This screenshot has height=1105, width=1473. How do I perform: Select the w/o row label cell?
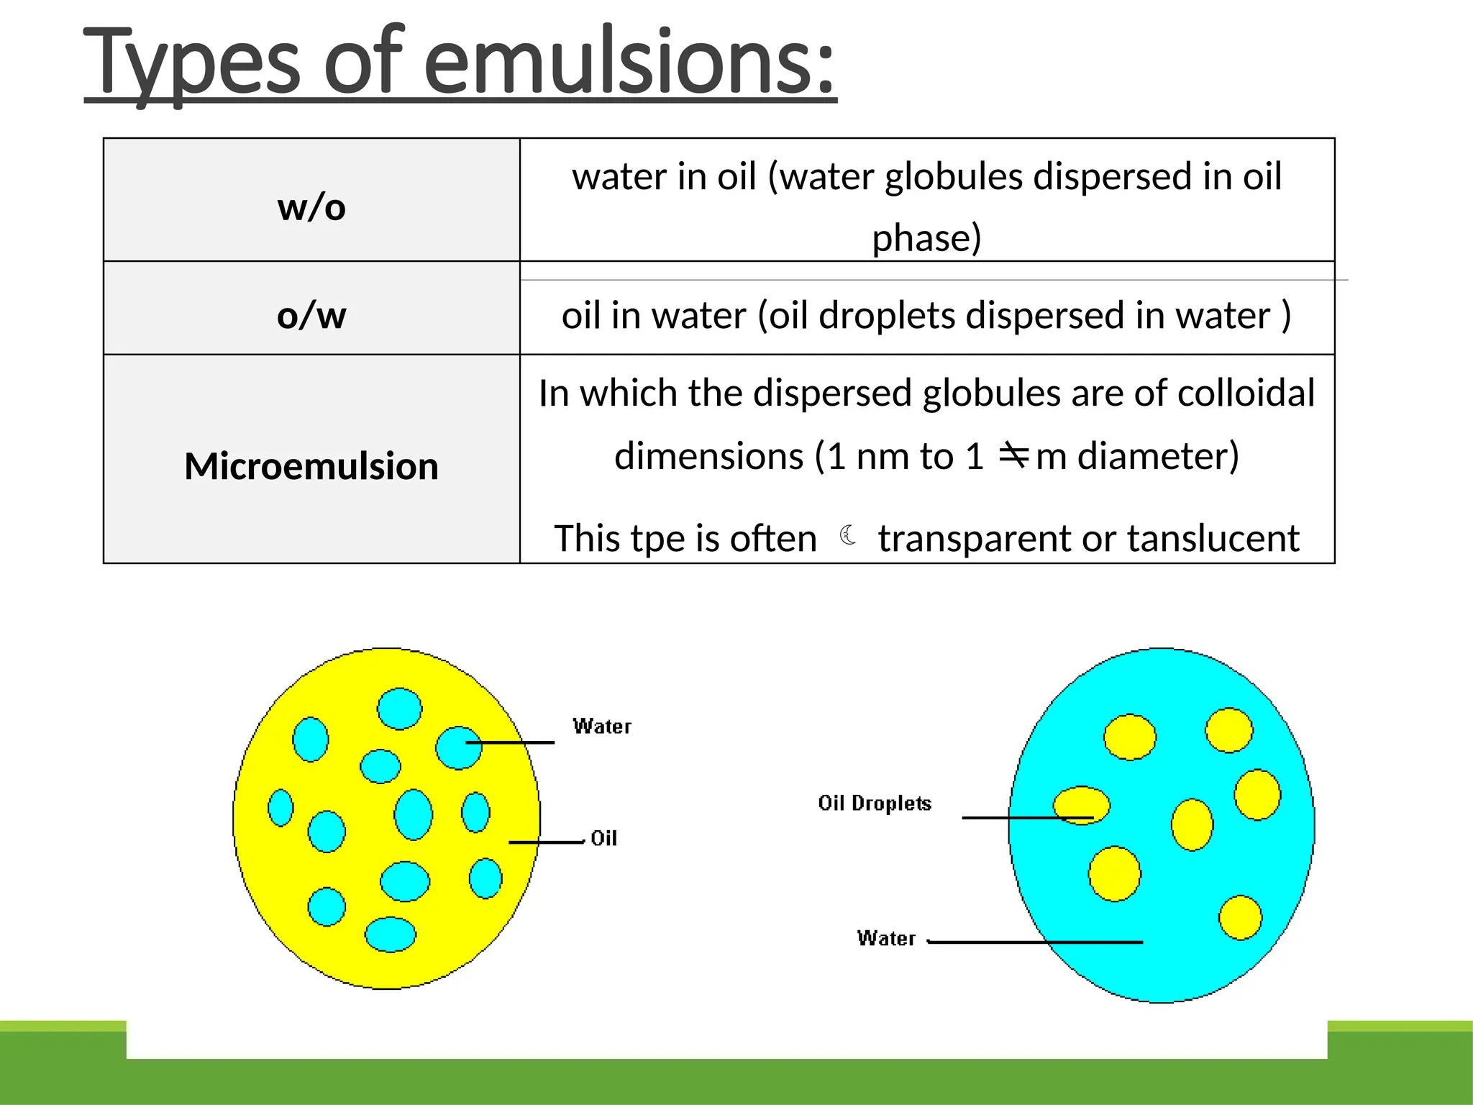311,207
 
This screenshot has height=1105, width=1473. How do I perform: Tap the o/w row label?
311,315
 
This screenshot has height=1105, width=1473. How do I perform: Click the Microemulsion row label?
311,465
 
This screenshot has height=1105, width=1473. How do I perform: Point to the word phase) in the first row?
926,237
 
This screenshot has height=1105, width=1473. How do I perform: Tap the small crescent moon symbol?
849,535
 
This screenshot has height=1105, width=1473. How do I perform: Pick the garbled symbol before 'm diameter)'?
1014,455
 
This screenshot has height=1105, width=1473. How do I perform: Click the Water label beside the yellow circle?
602,726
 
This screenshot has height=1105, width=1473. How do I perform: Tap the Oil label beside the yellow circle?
603,838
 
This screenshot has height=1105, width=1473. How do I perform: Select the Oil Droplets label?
875,803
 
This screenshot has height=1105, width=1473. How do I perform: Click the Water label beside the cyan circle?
886,938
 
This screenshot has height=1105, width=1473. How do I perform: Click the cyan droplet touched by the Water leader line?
458,748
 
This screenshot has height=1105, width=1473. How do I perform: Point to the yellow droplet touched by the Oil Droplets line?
1081,805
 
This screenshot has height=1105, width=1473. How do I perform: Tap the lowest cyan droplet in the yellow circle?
391,935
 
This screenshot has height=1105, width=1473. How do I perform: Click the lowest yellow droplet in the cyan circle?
1240,918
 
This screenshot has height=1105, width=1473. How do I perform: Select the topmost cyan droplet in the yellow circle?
400,709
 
